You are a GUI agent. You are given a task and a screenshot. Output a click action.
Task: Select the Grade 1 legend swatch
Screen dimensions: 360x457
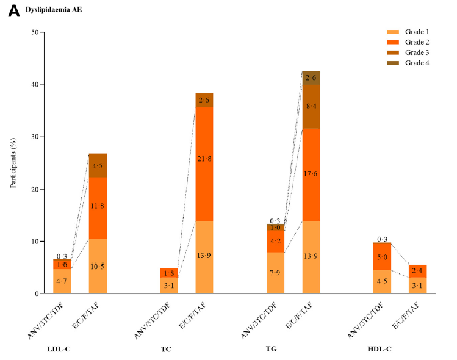(x=376, y=31)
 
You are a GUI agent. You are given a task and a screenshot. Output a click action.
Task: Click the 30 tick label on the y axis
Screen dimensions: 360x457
(x=34, y=137)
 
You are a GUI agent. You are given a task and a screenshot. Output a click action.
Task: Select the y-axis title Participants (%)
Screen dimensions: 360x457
(x=13, y=163)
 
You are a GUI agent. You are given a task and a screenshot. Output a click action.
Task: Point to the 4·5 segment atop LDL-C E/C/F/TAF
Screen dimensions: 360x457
(x=98, y=165)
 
